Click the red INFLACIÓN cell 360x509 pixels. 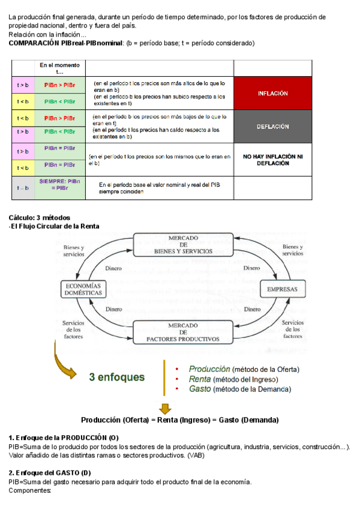pyautogui.click(x=272, y=94)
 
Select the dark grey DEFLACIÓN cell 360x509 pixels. pyautogui.click(x=272, y=127)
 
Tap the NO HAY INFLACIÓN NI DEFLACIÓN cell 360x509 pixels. pyautogui.click(x=272, y=159)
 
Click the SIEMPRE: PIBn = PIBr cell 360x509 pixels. pyautogui.click(x=59, y=187)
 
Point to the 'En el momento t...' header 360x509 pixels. pyautogui.click(x=59, y=68)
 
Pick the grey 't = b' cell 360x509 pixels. pyautogui.click(x=23, y=188)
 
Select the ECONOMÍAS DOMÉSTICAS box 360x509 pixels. pyautogui.click(x=83, y=289)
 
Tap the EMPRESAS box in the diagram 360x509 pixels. pyautogui.click(x=282, y=289)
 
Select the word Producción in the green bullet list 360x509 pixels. pyautogui.click(x=209, y=369)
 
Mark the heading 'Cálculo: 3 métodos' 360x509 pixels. pyautogui.click(x=40, y=217)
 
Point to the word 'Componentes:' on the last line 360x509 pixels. pyautogui.click(x=30, y=490)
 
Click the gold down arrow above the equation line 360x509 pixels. pyautogui.click(x=165, y=408)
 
